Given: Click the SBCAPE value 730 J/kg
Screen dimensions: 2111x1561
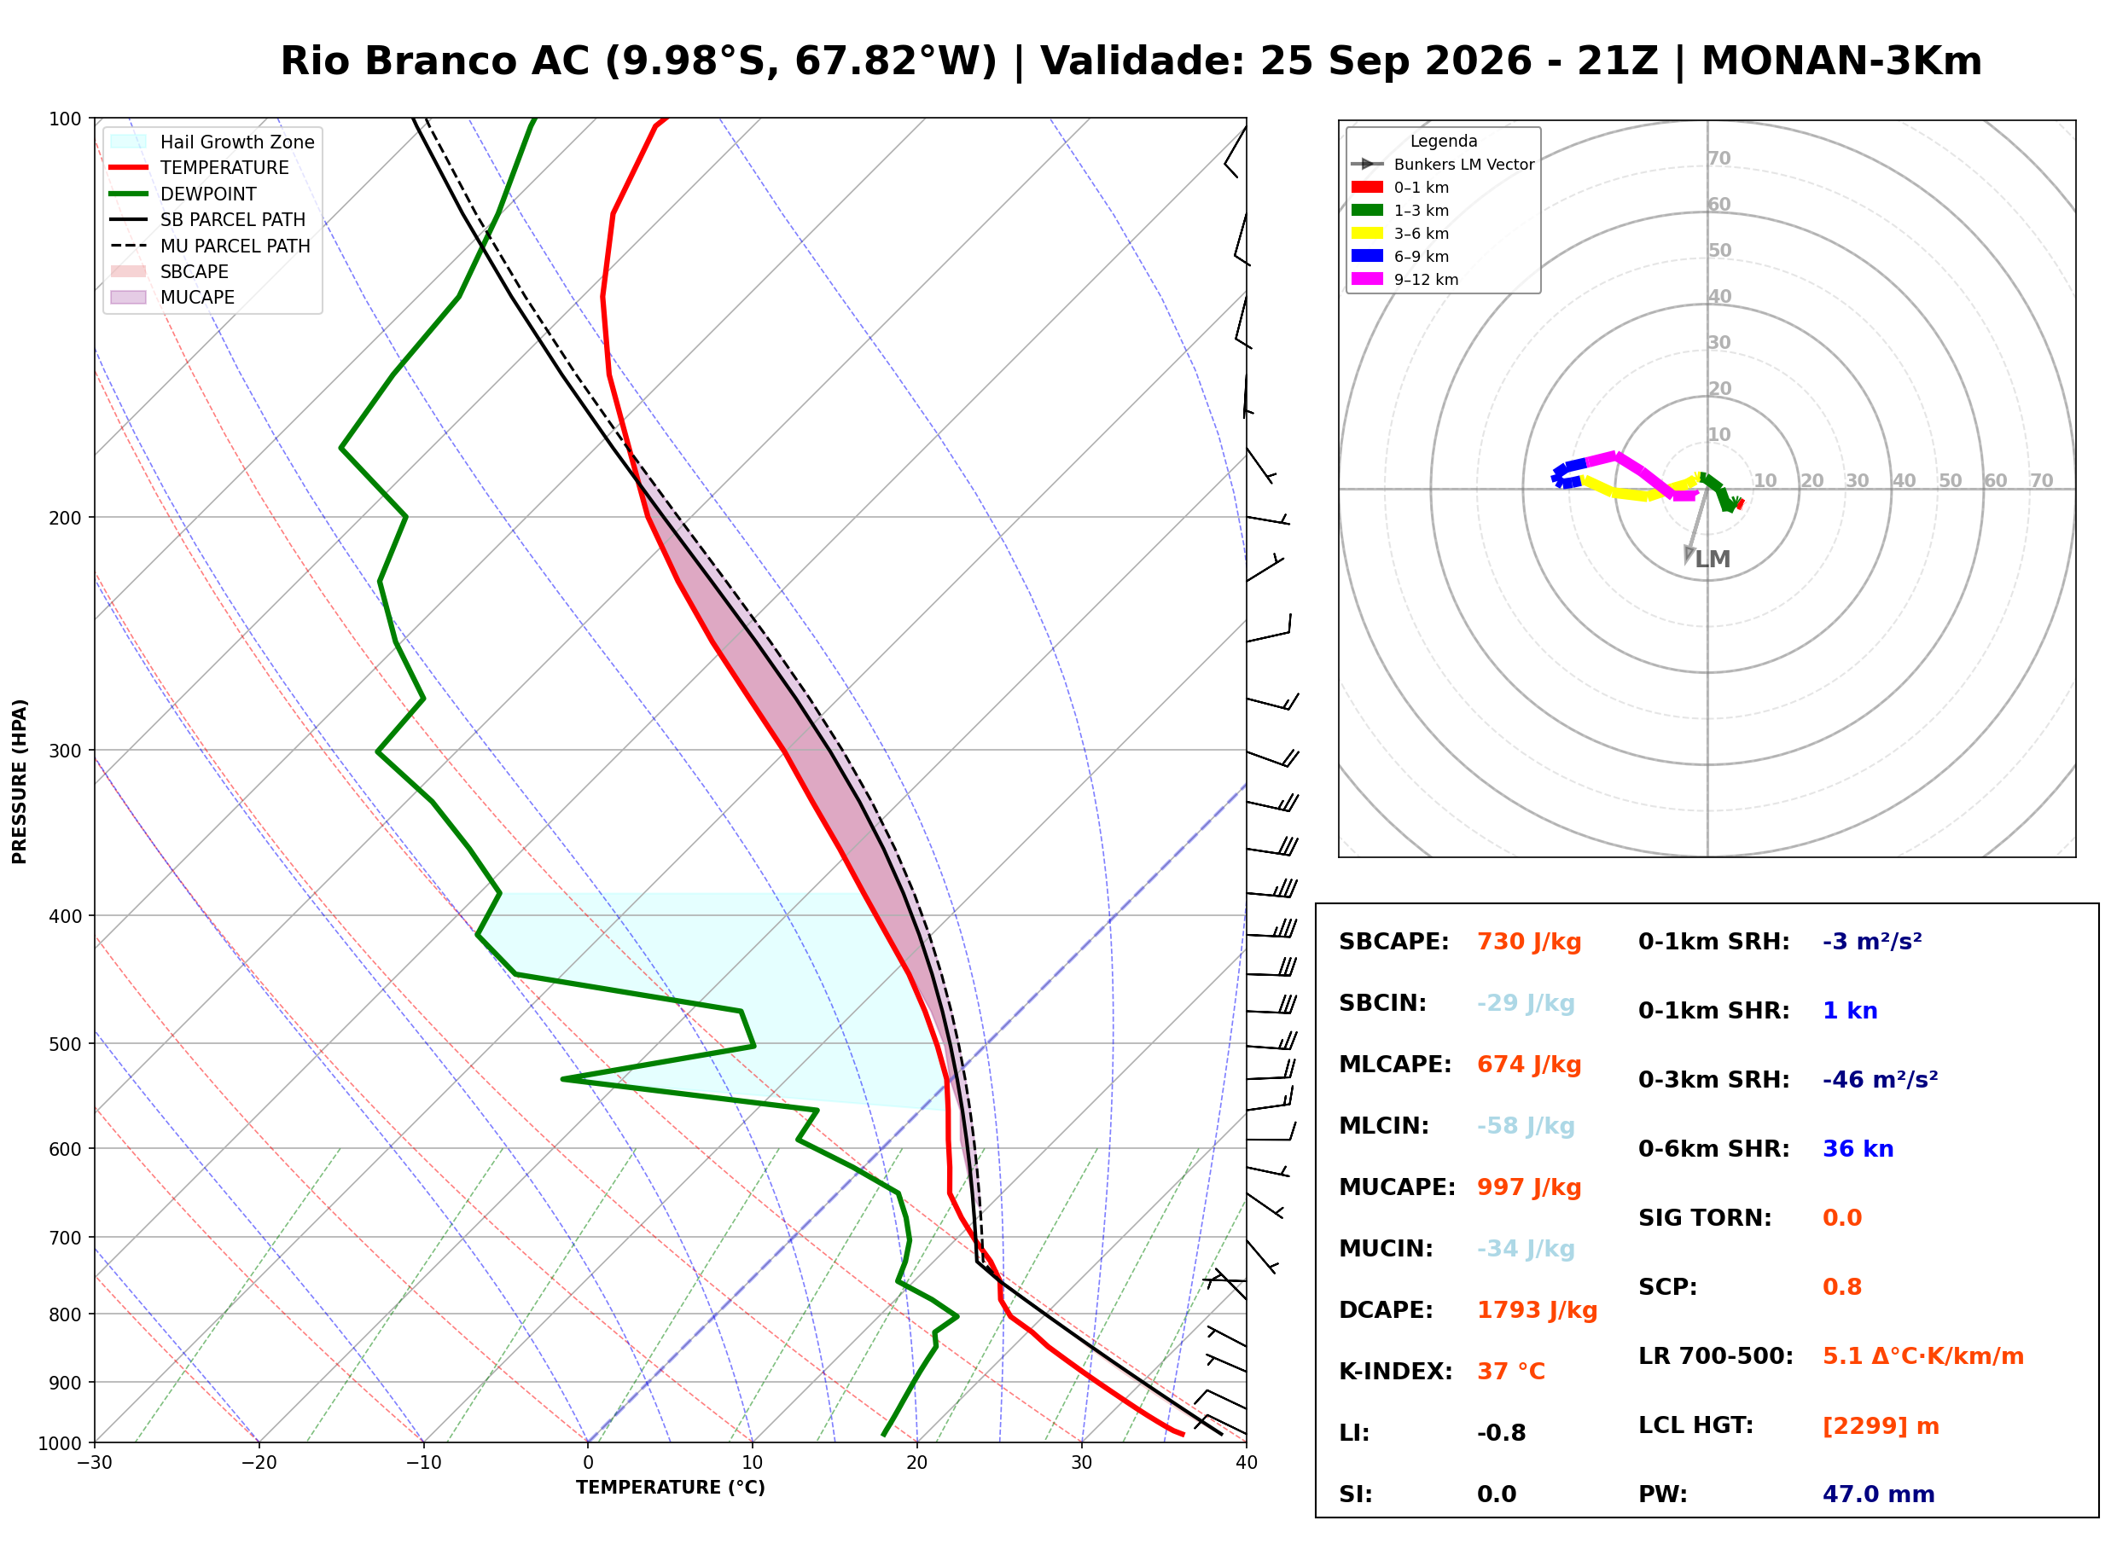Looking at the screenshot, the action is pos(1529,942).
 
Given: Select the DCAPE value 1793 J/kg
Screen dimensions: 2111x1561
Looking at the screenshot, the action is pos(1537,1310).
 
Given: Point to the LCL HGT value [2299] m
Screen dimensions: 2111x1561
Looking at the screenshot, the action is pos(1881,1426).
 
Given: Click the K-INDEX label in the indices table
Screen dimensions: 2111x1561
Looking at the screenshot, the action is pos(1395,1372).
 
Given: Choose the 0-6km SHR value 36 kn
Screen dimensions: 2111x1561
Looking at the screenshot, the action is pos(1858,1149).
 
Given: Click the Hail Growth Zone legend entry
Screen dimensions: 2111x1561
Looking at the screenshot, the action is pos(212,142).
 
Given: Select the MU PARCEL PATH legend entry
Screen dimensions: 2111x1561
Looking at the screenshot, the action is pos(211,246).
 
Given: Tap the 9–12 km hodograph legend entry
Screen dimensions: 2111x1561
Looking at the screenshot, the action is pos(1405,280).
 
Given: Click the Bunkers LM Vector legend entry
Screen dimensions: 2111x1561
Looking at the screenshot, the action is pos(1443,165).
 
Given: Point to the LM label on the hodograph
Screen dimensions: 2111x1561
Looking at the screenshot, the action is pos(1713,560).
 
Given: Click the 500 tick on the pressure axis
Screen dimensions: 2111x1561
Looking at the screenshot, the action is pos(64,1044).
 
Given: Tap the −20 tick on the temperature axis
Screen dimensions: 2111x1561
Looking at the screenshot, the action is pos(258,1463).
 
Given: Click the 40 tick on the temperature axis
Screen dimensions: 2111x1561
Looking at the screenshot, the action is pos(1247,1463).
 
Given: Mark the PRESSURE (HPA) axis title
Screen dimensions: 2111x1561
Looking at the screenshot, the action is pos(20,781).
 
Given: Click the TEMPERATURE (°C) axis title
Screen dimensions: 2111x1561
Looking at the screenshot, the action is pos(671,1488).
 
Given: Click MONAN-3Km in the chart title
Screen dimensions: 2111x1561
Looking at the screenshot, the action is pos(1841,61).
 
